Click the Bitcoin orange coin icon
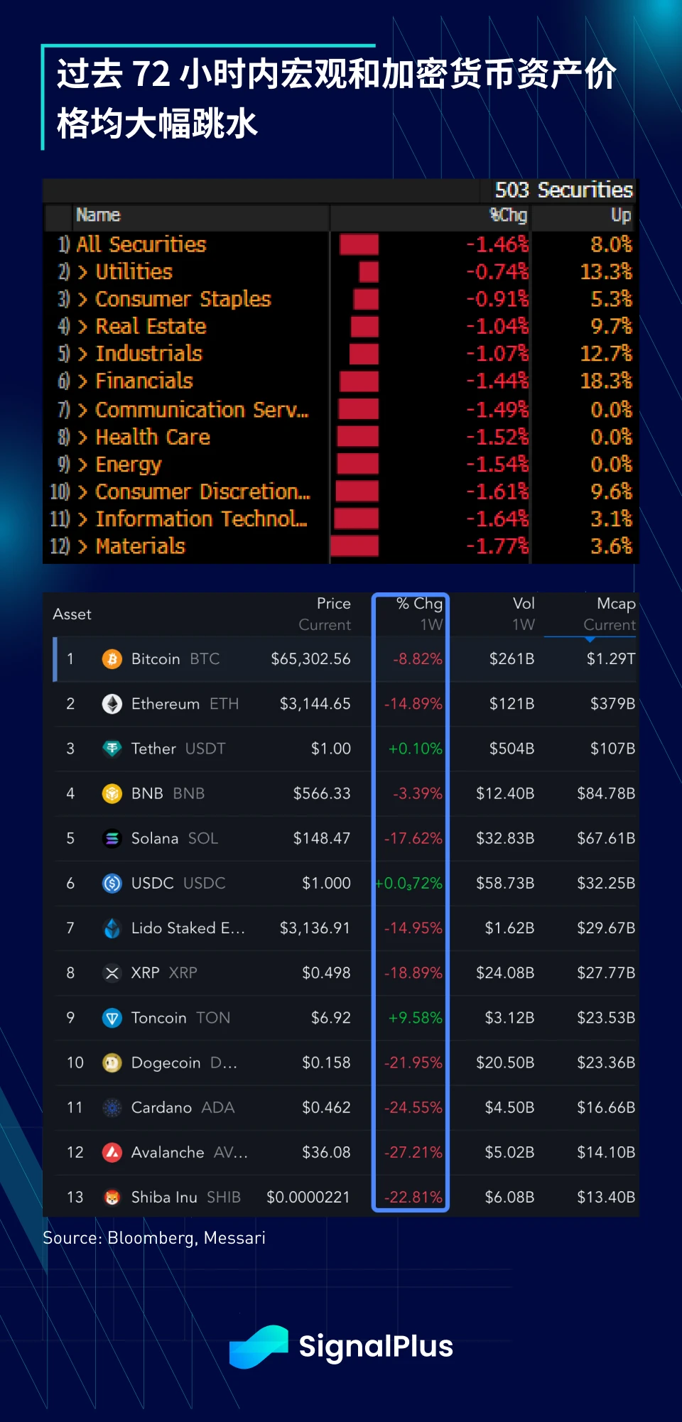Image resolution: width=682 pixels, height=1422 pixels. click(112, 659)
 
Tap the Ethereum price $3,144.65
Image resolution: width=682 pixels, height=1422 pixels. click(315, 704)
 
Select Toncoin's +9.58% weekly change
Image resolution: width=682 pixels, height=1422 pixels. click(415, 1018)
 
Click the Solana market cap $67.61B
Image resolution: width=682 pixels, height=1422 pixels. click(605, 838)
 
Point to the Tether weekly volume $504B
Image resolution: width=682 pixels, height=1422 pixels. click(511, 749)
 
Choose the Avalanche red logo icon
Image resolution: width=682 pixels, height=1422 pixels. click(112, 1152)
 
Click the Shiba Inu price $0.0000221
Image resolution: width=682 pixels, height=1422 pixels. click(308, 1197)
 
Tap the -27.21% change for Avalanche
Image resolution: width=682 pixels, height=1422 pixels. click(413, 1152)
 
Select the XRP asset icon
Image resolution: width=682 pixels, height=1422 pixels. click(112, 973)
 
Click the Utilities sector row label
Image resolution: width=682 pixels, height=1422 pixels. click(134, 272)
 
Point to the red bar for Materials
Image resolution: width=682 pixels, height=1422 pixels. click(354, 546)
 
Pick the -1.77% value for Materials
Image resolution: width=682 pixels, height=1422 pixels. click(497, 546)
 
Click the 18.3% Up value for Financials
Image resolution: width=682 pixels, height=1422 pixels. click(605, 381)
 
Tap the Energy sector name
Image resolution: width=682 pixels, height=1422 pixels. click(129, 465)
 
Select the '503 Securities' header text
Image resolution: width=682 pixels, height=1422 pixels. click(563, 190)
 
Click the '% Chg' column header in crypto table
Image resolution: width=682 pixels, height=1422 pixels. click(419, 604)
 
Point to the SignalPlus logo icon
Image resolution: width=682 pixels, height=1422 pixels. click(259, 1346)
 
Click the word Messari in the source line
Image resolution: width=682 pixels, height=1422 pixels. click(234, 1238)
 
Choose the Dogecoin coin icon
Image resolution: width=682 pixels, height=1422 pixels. click(112, 1063)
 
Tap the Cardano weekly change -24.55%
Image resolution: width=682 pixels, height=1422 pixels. click(413, 1107)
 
